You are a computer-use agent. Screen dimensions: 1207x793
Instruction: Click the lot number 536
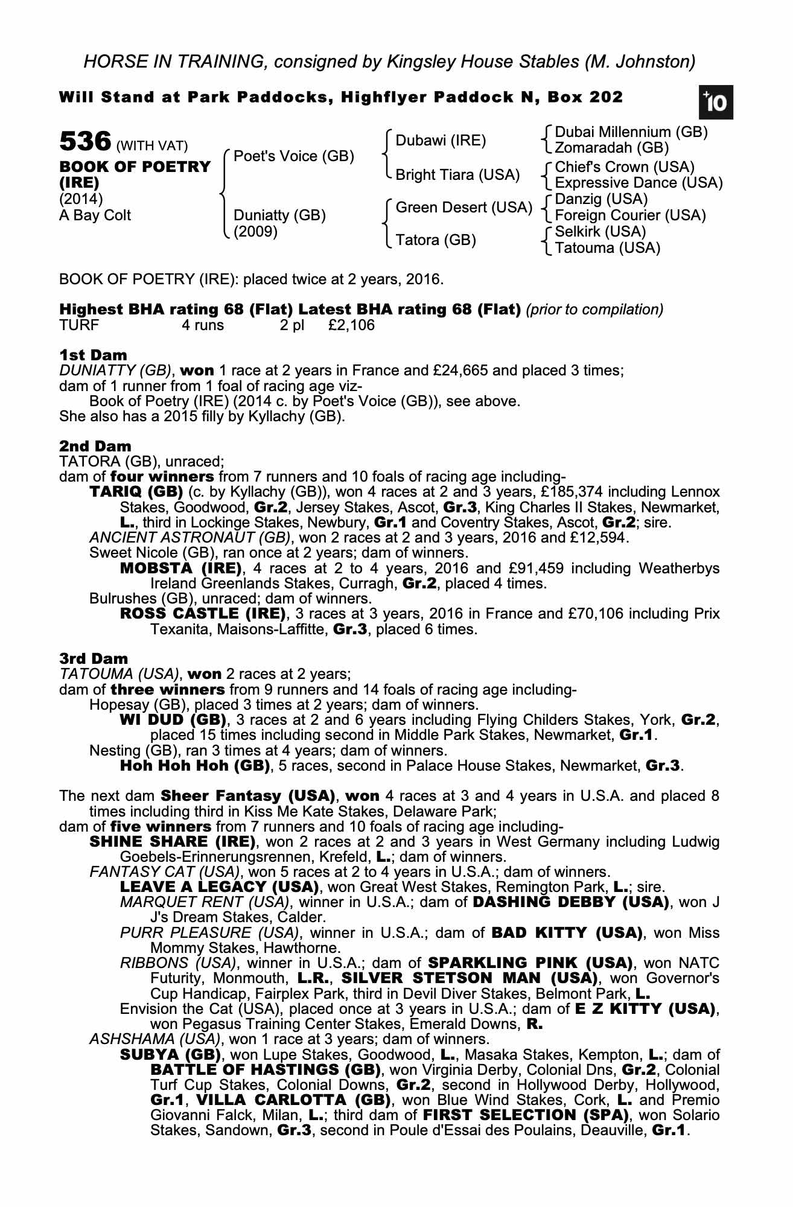[x=84, y=142]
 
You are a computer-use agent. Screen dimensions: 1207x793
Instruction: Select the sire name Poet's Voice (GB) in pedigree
[x=293, y=156]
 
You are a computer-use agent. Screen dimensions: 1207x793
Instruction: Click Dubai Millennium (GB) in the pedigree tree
[x=631, y=132]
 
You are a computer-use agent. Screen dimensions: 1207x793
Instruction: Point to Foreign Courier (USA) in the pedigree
[x=630, y=215]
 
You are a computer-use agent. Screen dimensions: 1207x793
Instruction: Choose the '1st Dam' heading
[x=93, y=355]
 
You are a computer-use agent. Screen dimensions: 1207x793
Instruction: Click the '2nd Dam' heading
[x=95, y=446]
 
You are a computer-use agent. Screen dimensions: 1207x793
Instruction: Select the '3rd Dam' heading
[x=94, y=658]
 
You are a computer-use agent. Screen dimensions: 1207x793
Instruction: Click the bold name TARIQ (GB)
[x=136, y=492]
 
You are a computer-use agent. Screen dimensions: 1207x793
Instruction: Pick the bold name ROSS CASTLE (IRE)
[x=203, y=614]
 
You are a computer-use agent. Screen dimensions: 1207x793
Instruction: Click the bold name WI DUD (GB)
[x=173, y=720]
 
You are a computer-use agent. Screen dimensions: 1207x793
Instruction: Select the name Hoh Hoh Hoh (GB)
[x=194, y=766]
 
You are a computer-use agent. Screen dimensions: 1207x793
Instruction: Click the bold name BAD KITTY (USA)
[x=567, y=933]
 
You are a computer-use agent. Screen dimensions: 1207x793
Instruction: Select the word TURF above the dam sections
[x=79, y=326]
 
